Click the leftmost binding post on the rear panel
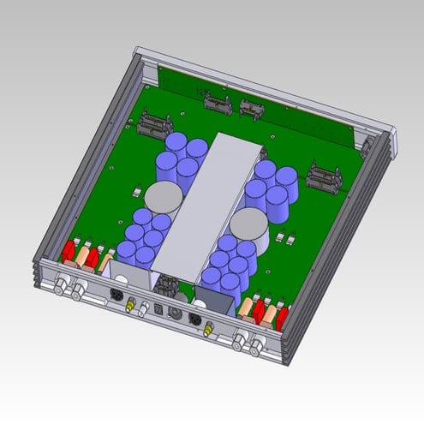63,285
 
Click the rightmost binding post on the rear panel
256,347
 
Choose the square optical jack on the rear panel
158,311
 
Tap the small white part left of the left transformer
140,190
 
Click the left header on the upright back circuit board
215,104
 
